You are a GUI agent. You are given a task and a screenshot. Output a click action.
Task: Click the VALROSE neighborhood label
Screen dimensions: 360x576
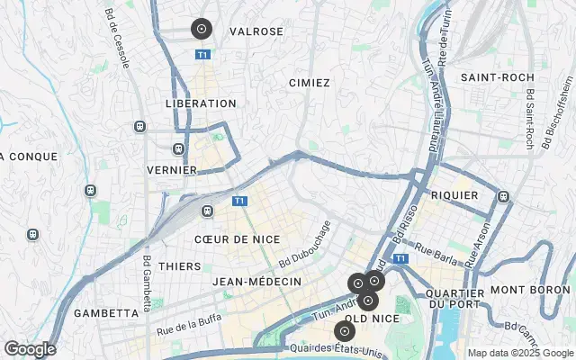pos(256,31)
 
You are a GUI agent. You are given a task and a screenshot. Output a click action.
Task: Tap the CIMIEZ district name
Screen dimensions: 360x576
pos(310,83)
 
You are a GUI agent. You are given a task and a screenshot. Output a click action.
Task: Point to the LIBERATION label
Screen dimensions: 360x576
pos(201,103)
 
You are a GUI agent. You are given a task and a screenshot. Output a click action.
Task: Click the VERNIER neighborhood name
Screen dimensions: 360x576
pos(172,169)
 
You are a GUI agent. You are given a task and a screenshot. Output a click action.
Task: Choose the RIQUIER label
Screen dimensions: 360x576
pos(454,194)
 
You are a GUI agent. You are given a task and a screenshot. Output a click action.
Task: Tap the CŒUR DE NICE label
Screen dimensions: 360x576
pos(237,239)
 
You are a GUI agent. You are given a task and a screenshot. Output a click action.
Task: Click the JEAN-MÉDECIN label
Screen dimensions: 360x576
pos(256,282)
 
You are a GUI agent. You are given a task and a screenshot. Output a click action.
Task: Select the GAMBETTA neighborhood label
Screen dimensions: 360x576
pos(106,313)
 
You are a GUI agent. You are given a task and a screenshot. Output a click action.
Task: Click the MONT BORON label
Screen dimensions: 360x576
pos(531,290)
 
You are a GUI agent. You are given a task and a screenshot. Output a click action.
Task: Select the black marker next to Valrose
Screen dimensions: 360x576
pos(202,29)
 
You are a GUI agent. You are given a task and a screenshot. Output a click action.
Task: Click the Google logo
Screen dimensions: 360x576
pos(30,349)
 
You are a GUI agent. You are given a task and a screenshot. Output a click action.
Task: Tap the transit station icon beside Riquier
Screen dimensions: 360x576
pos(502,196)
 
